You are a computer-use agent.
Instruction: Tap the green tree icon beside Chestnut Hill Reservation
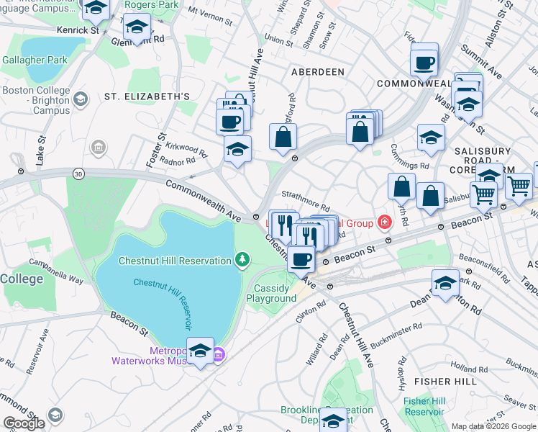point(243,260)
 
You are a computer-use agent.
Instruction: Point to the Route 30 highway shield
point(78,174)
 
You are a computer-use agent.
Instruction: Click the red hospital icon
point(386,222)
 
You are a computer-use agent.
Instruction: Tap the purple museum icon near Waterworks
point(220,354)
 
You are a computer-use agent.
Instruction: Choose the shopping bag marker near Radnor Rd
point(284,135)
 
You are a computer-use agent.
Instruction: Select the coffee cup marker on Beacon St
point(301,258)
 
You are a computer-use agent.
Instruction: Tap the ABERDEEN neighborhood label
point(317,73)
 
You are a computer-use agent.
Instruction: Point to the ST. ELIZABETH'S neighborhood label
point(147,96)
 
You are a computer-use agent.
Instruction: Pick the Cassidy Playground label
point(271,293)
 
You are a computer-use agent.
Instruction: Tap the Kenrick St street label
point(78,31)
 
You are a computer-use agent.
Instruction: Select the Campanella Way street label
point(70,274)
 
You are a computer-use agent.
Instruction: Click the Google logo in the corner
point(24,423)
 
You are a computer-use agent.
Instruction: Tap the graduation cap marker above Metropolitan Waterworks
point(200,351)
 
